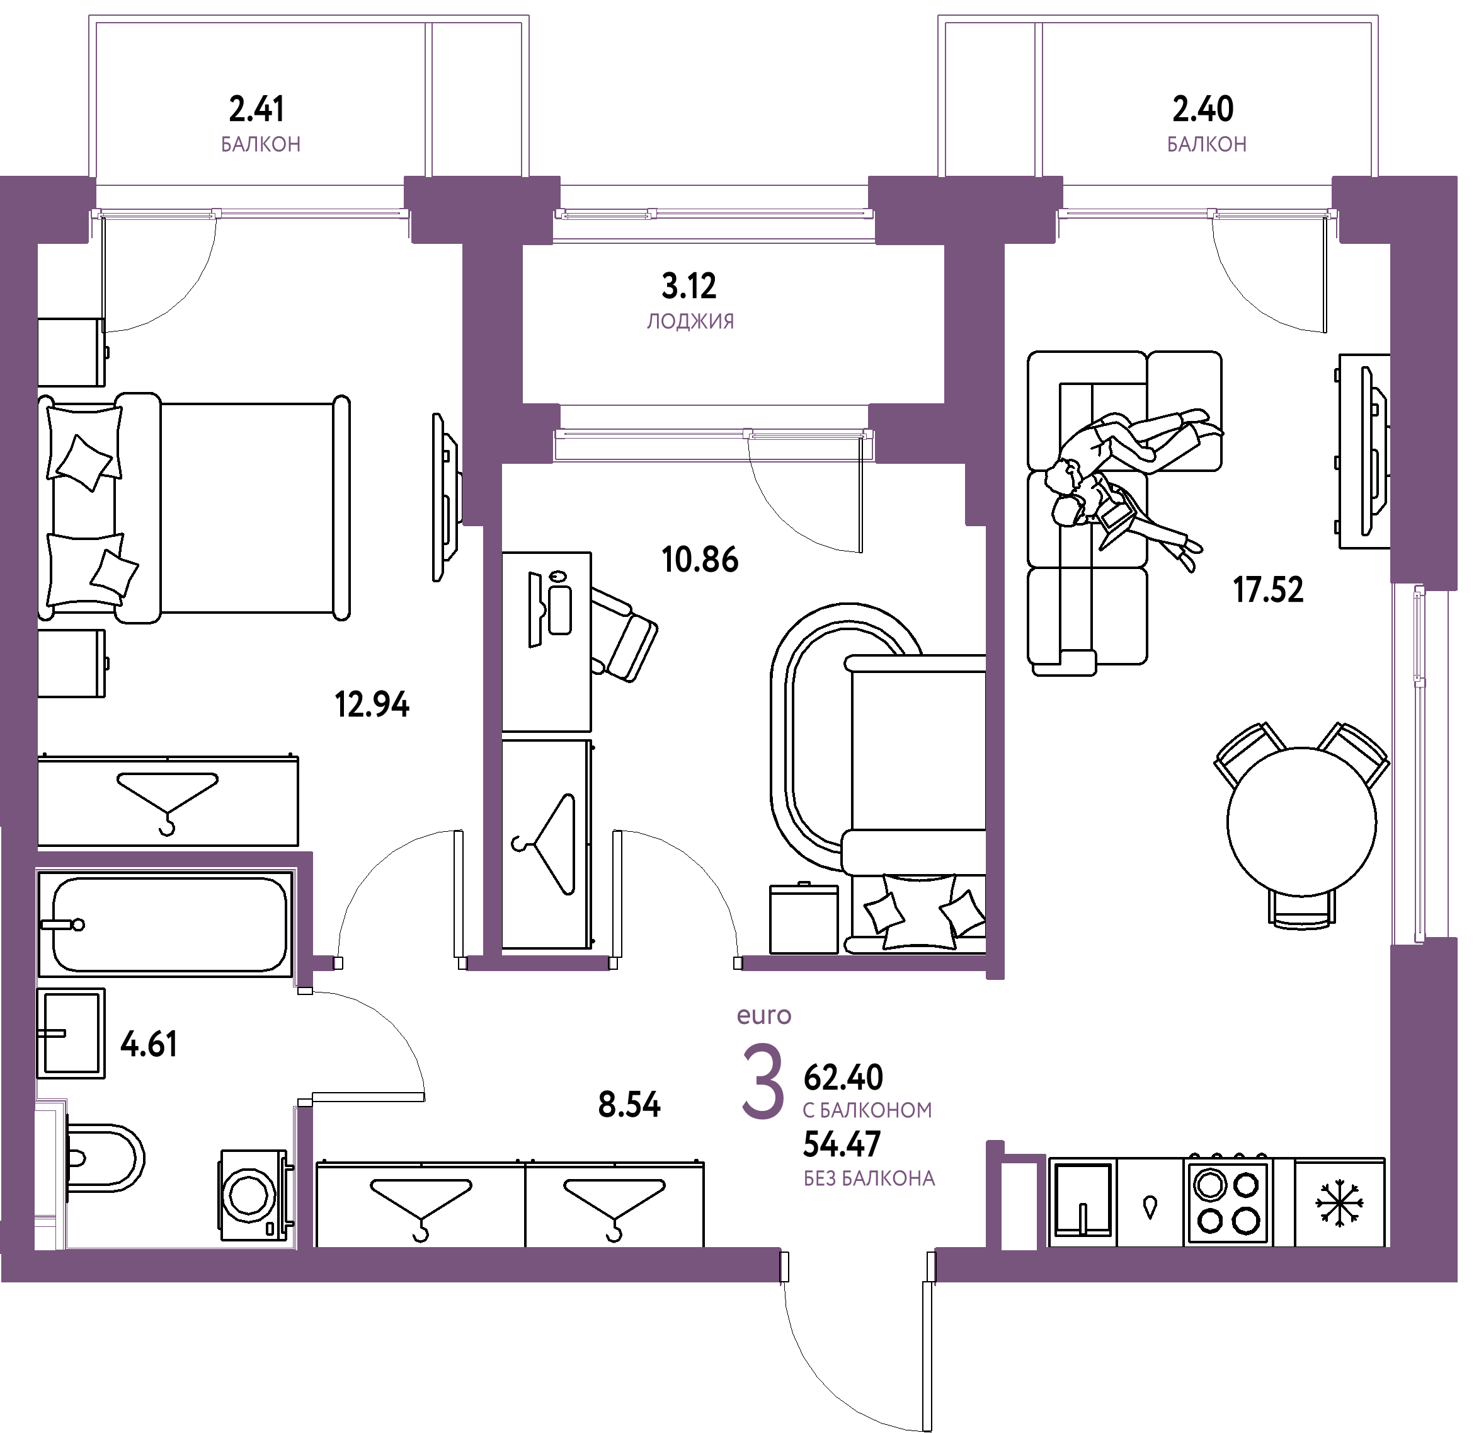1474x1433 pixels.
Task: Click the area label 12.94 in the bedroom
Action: (x=372, y=705)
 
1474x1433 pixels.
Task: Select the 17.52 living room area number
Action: (x=1268, y=590)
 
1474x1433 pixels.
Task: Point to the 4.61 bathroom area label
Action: (x=149, y=1045)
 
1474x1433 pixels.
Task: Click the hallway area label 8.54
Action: (x=629, y=1105)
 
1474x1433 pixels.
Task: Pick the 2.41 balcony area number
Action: (x=256, y=109)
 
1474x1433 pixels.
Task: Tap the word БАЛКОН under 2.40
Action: (x=1207, y=144)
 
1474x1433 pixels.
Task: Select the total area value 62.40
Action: (x=843, y=1078)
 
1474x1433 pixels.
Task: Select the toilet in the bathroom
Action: (x=105, y=1158)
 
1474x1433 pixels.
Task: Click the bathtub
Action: (x=165, y=924)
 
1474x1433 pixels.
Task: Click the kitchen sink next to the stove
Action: (x=1083, y=1200)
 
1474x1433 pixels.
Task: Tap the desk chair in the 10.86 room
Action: (x=622, y=635)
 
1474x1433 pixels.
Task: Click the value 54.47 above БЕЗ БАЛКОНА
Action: (x=842, y=1146)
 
